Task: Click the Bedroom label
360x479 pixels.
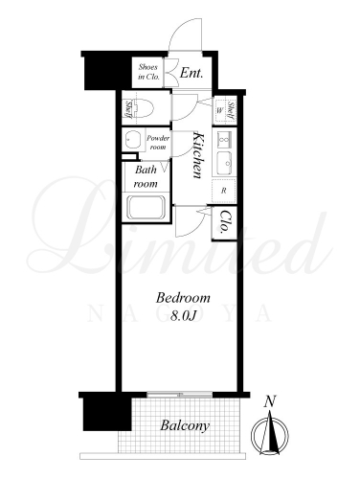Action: (183, 298)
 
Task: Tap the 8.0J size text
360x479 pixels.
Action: (183, 315)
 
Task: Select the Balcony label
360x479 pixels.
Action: (185, 425)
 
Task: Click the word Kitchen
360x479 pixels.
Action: (198, 155)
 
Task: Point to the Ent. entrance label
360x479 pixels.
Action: (191, 73)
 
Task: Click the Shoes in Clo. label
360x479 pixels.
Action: (148, 72)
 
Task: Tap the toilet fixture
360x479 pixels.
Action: (143, 108)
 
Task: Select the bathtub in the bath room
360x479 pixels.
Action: (146, 207)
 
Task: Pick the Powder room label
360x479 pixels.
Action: (158, 143)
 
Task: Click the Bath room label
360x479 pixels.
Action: (146, 176)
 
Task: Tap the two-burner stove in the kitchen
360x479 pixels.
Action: (224, 139)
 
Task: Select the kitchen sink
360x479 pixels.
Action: (224, 163)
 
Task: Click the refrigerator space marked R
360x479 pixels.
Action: (224, 191)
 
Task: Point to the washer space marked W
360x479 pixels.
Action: (220, 110)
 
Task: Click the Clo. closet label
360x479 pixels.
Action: (225, 221)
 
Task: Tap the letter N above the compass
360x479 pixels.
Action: (270, 401)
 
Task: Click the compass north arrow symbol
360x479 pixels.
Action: (270, 435)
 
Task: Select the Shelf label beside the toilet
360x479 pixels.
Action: (127, 109)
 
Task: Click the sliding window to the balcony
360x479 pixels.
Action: (180, 395)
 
